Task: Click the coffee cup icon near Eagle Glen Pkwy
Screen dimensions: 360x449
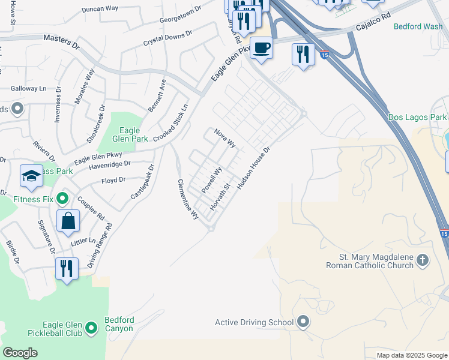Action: click(x=261, y=47)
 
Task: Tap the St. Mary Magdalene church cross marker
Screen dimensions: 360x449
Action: click(x=423, y=260)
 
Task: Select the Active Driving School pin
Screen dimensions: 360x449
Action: click(x=303, y=322)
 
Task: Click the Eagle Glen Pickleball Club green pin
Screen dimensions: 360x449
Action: click(x=91, y=328)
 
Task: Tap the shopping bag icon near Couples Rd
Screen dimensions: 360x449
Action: click(x=68, y=220)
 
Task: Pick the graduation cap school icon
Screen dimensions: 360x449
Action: click(x=31, y=176)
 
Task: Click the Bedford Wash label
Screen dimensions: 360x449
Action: click(x=418, y=26)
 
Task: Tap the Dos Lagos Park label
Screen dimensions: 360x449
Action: click(x=417, y=117)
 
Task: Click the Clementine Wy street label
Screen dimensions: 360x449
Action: click(x=187, y=199)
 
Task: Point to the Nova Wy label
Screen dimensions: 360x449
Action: click(x=225, y=139)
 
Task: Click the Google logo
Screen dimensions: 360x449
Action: click(x=20, y=353)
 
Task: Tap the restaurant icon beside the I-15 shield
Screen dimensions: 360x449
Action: click(x=303, y=55)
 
